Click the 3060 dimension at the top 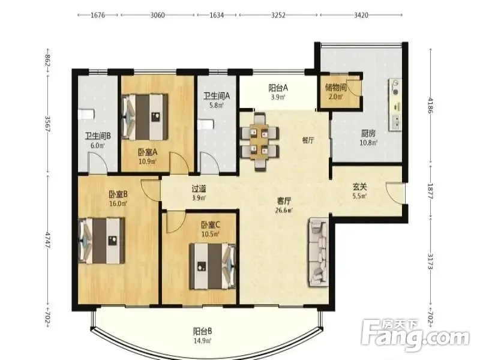point(157,15)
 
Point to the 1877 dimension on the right point(430,191)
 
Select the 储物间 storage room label point(335,88)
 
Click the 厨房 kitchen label point(368,133)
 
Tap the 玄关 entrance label point(359,187)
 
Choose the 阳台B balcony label point(202,331)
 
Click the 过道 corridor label point(199,189)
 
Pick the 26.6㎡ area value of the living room point(284,211)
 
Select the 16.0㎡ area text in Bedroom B point(118,203)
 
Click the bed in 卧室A point(145,116)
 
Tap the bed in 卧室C point(212,266)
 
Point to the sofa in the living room point(319,251)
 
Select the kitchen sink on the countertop point(395,122)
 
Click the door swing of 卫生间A point(209,162)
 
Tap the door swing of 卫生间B point(98,162)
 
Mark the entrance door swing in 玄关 point(395,193)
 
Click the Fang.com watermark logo point(415,336)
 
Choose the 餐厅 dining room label point(308,140)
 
